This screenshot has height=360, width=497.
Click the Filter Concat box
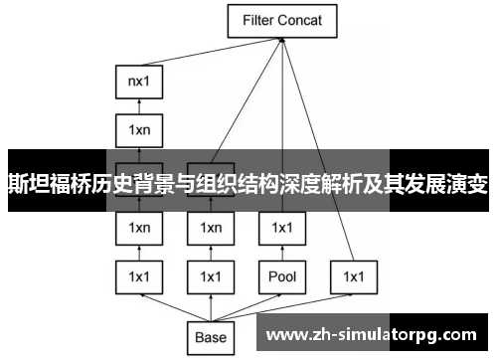(282, 19)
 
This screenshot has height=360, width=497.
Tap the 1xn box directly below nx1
(139, 128)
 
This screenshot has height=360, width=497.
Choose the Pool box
(282, 274)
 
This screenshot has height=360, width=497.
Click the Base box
(211, 337)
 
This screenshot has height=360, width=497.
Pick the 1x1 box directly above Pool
(282, 229)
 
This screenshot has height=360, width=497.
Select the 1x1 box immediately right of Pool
(354, 274)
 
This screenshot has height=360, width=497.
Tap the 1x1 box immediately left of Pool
(211, 274)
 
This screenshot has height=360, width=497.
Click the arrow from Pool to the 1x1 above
(282, 252)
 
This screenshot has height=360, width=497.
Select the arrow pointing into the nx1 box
(139, 106)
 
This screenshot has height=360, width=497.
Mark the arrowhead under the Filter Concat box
(282, 40)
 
